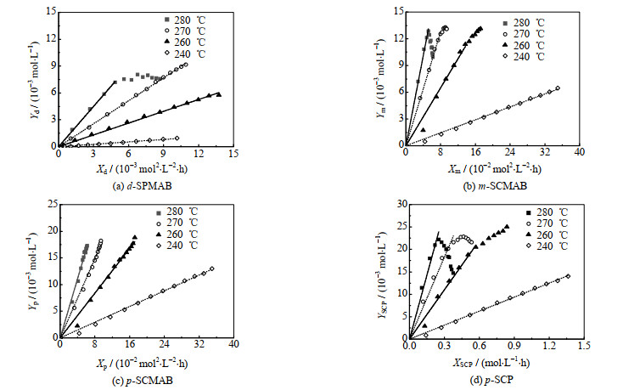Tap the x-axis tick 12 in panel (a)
[x=198, y=155]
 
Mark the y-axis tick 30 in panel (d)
[x=401, y=204]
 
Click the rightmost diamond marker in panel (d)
[x=568, y=275]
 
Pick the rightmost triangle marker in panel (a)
[x=219, y=94]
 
